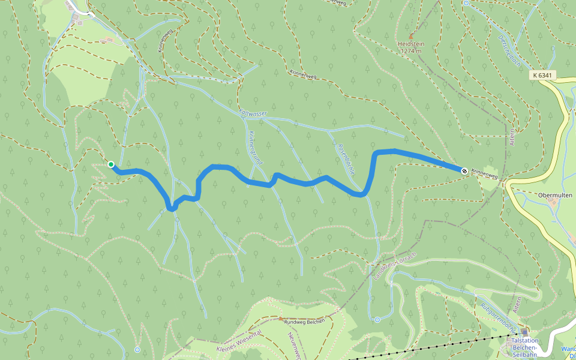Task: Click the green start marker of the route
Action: [x=111, y=164]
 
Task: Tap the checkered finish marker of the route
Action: [x=464, y=171]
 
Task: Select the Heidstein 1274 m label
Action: [x=410, y=47]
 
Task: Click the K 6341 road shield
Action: [x=544, y=76]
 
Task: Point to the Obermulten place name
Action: [x=555, y=195]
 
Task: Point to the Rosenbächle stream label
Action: [x=347, y=158]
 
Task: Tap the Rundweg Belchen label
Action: [x=305, y=321]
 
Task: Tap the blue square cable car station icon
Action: [x=525, y=332]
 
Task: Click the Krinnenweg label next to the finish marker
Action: [x=485, y=174]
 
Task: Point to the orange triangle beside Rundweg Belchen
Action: [x=280, y=318]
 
